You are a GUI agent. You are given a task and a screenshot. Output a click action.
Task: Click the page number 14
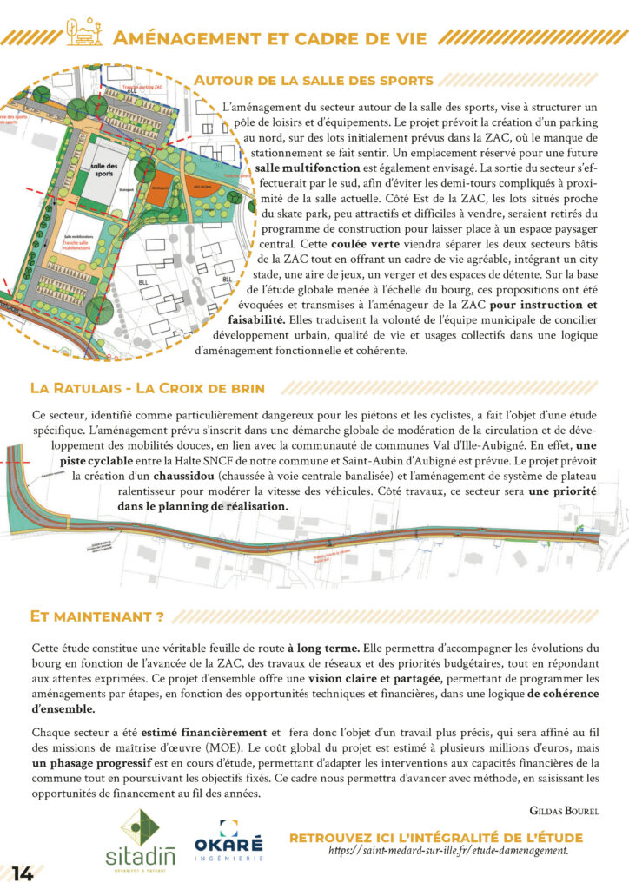coord(23,873)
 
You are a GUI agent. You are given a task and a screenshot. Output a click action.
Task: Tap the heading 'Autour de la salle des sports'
coord(314,81)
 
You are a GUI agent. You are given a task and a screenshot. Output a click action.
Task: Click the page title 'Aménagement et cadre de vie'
coord(270,38)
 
